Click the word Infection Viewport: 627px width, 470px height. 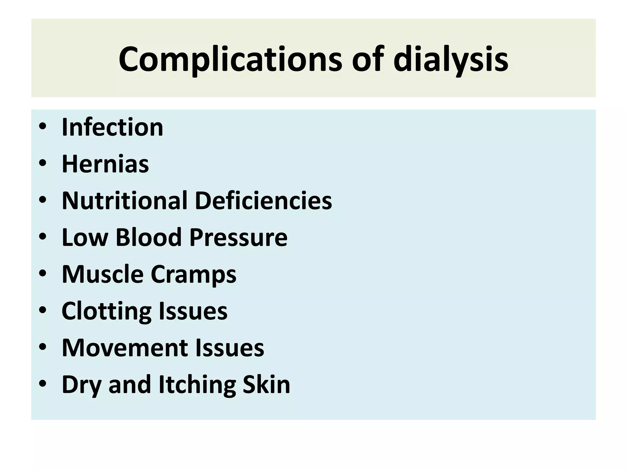(112, 127)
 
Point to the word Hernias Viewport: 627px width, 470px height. (105, 164)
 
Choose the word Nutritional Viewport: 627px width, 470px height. (124, 201)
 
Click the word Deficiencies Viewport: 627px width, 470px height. (263, 201)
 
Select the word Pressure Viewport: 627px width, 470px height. (238, 237)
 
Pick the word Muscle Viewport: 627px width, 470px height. (103, 274)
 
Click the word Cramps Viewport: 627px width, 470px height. (193, 274)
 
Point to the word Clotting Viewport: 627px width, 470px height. (106, 311)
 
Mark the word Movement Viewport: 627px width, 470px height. (124, 348)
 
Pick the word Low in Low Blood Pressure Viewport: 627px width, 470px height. (85, 237)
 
